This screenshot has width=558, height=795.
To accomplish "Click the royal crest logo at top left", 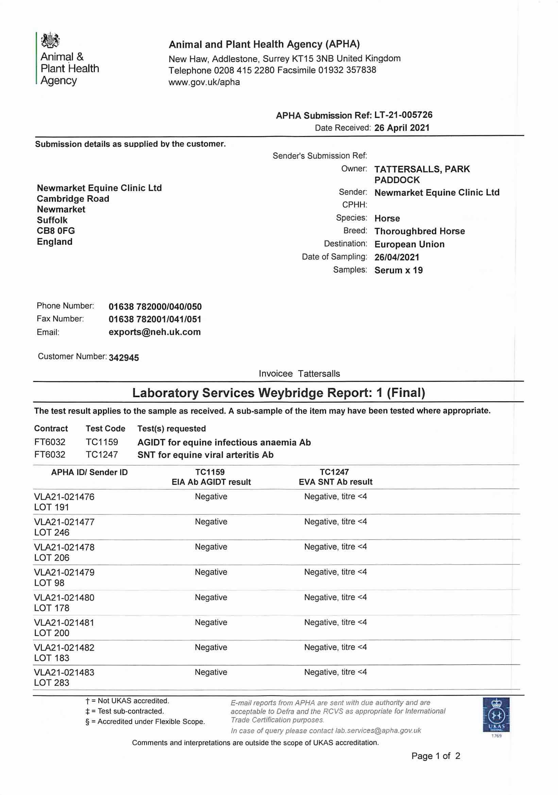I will click(x=50, y=40).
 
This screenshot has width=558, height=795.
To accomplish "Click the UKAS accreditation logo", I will click(x=496, y=715).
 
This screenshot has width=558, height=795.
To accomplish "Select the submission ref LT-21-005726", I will click(x=403, y=115).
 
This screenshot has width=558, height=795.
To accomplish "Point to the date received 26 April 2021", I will click(x=402, y=128).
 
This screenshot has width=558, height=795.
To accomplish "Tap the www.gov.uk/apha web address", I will click(x=204, y=82).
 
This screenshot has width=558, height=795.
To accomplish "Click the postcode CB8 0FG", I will click(x=56, y=230).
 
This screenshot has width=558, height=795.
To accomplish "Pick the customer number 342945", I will click(x=124, y=358).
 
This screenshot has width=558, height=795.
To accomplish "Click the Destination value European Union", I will click(x=409, y=244).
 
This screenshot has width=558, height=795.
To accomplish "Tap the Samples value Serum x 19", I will click(x=398, y=270).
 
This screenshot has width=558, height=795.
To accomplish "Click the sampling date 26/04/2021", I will click(x=396, y=257).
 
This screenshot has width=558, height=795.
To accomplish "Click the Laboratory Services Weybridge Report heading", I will click(x=278, y=393).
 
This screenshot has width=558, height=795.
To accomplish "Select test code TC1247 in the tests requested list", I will click(x=102, y=454).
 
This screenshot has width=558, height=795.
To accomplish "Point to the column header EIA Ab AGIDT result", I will click(x=211, y=482).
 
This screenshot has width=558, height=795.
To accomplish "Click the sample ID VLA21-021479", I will click(x=64, y=572).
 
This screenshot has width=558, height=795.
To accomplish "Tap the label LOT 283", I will click(x=52, y=682).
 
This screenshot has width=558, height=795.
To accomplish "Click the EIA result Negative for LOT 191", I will click(x=211, y=496).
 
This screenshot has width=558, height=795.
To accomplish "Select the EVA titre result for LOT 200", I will click(x=335, y=622).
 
